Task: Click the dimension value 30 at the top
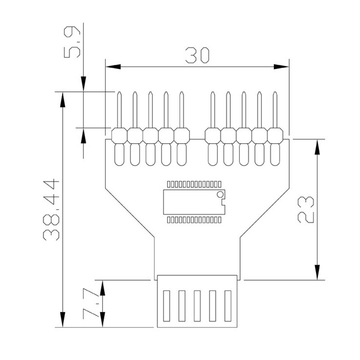click(x=197, y=55)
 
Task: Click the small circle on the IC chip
click(x=220, y=194)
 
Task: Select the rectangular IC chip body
click(x=193, y=201)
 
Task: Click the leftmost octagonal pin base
click(x=119, y=135)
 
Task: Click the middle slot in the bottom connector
click(x=197, y=306)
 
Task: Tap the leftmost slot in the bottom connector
click(x=167, y=306)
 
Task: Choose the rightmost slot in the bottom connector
click(x=228, y=306)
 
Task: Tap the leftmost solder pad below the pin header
click(x=119, y=154)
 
